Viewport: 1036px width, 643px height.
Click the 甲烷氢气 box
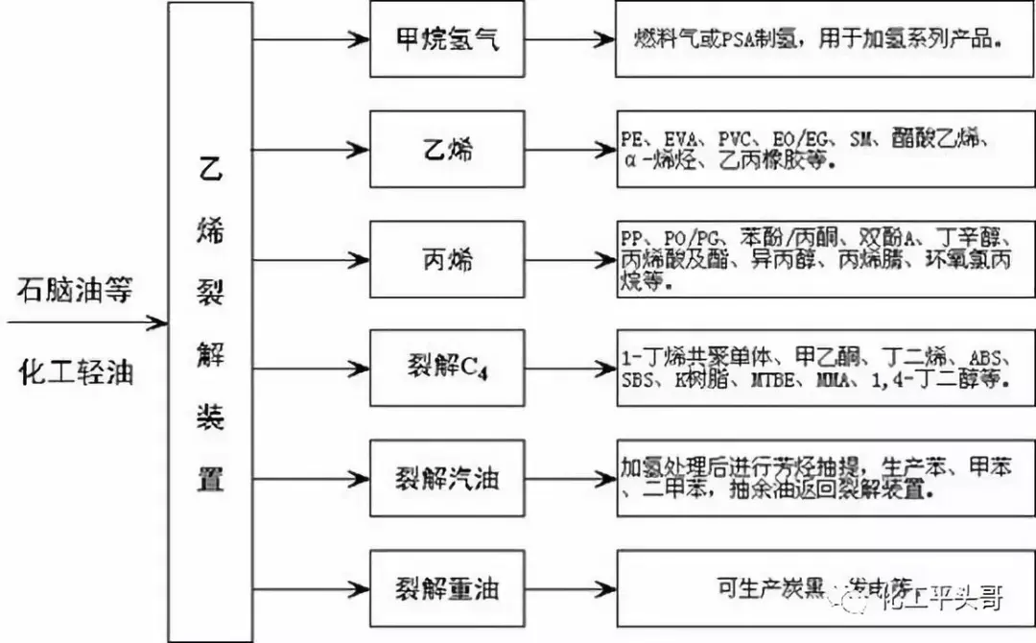click(x=447, y=40)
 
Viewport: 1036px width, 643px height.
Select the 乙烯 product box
click(x=447, y=149)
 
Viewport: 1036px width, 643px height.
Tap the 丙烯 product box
click(x=447, y=259)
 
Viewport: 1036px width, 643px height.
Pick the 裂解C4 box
click(x=447, y=369)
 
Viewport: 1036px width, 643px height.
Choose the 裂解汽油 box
click(x=447, y=478)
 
